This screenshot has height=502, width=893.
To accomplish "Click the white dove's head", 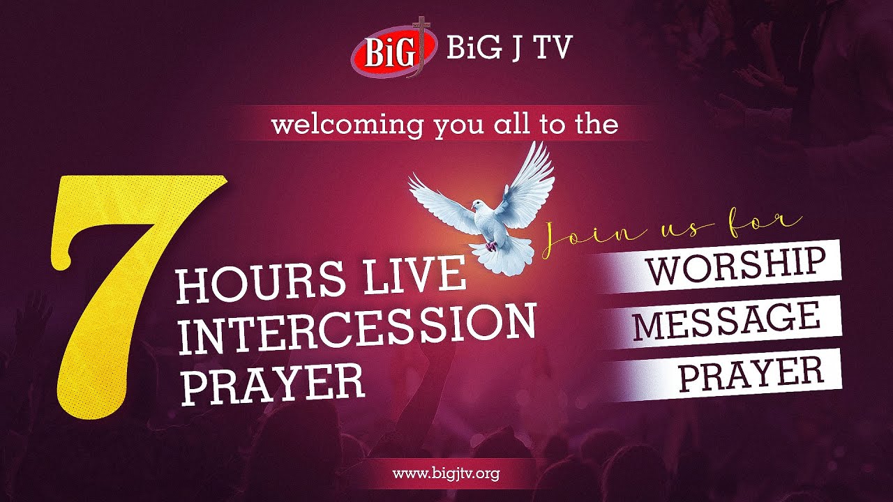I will (477, 206).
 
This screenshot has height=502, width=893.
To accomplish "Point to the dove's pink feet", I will (493, 245).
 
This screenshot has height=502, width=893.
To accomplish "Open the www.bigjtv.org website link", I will (446, 474).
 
